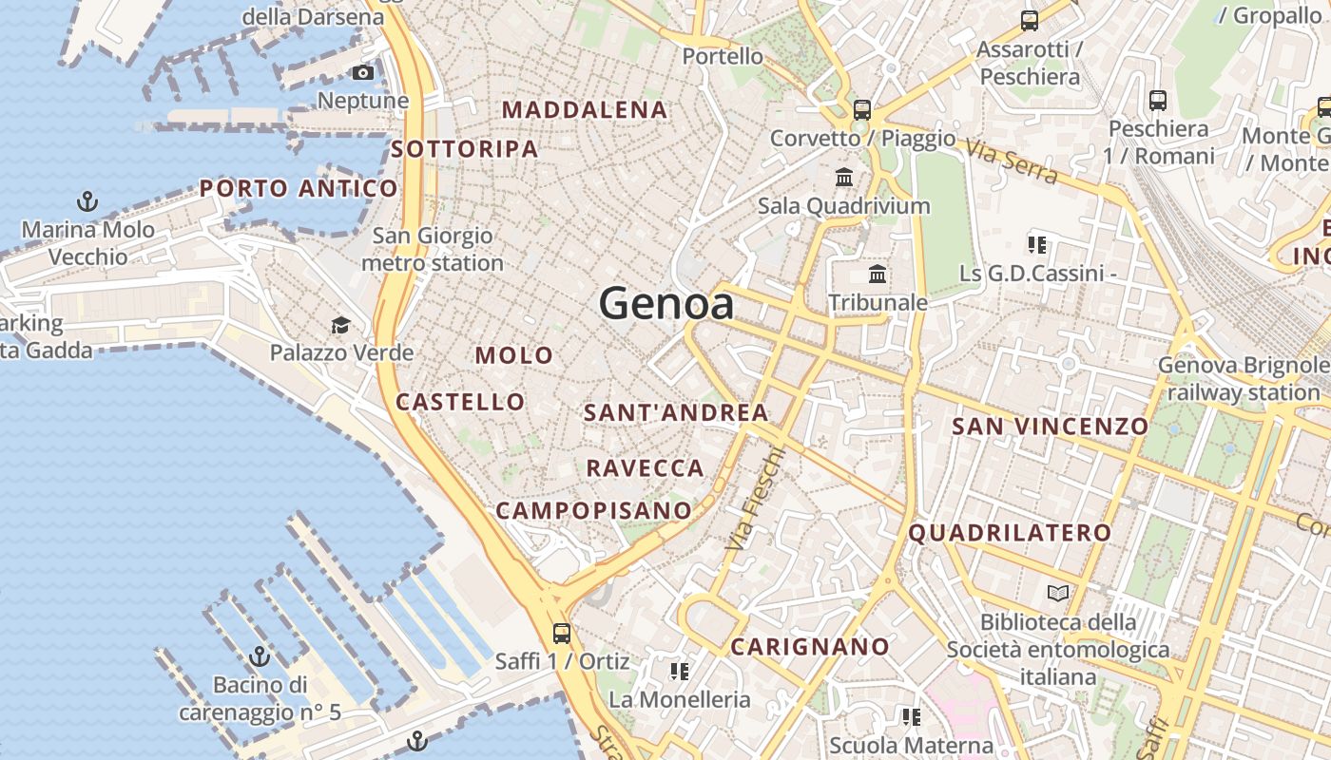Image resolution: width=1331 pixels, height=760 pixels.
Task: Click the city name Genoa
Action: coord(666,304)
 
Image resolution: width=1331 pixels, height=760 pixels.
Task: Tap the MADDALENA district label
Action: coord(585,110)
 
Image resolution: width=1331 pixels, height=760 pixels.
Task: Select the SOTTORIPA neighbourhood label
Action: coord(465,149)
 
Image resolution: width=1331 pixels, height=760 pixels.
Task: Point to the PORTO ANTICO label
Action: coord(299,188)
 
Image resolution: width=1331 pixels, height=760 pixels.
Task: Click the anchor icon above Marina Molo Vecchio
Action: coord(87,201)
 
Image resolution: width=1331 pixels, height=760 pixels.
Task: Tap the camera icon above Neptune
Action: coord(362,73)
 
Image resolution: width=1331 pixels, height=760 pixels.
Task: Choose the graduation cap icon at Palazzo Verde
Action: coord(340,327)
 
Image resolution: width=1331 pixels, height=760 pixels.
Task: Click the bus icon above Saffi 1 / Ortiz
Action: coord(562,634)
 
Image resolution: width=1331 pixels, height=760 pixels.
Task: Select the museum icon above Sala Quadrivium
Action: coord(843,178)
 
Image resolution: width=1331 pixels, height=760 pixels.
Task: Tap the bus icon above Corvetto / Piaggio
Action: coord(862,110)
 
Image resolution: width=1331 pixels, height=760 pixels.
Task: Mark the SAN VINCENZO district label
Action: coord(1051,427)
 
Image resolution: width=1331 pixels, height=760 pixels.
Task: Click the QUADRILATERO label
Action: coord(1010,533)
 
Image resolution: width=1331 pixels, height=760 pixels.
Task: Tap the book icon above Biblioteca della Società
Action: coord(1058,594)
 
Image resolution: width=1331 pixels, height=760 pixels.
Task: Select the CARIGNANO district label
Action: coord(810,647)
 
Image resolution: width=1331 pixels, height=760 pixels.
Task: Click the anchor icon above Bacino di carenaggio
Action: coord(260,656)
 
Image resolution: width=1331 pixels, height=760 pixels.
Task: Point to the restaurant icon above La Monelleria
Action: coord(679,672)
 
